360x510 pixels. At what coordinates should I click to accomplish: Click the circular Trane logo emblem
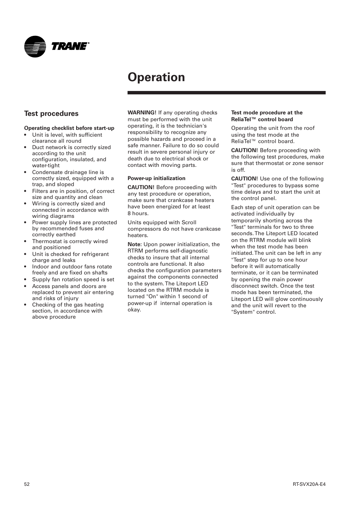pos(35,46)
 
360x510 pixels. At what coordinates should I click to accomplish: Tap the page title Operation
pos(156,77)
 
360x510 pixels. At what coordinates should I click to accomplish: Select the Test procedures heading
pos(51,114)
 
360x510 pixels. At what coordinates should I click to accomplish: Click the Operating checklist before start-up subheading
pos(69,128)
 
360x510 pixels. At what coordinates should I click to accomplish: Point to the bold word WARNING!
pos(142,112)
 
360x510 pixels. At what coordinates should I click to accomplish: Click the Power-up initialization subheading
pos(156,178)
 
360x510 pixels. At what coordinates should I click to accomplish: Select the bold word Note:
pos(135,244)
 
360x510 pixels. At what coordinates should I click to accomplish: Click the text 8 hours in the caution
pos(138,213)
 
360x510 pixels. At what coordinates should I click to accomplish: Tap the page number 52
pos(27,484)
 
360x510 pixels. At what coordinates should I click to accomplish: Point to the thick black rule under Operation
pos(226,92)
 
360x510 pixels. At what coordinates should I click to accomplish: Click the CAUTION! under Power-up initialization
pos(141,187)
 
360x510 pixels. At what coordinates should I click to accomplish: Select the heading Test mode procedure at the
pos(266,112)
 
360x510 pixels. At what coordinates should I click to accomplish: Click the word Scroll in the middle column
pos(188,222)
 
